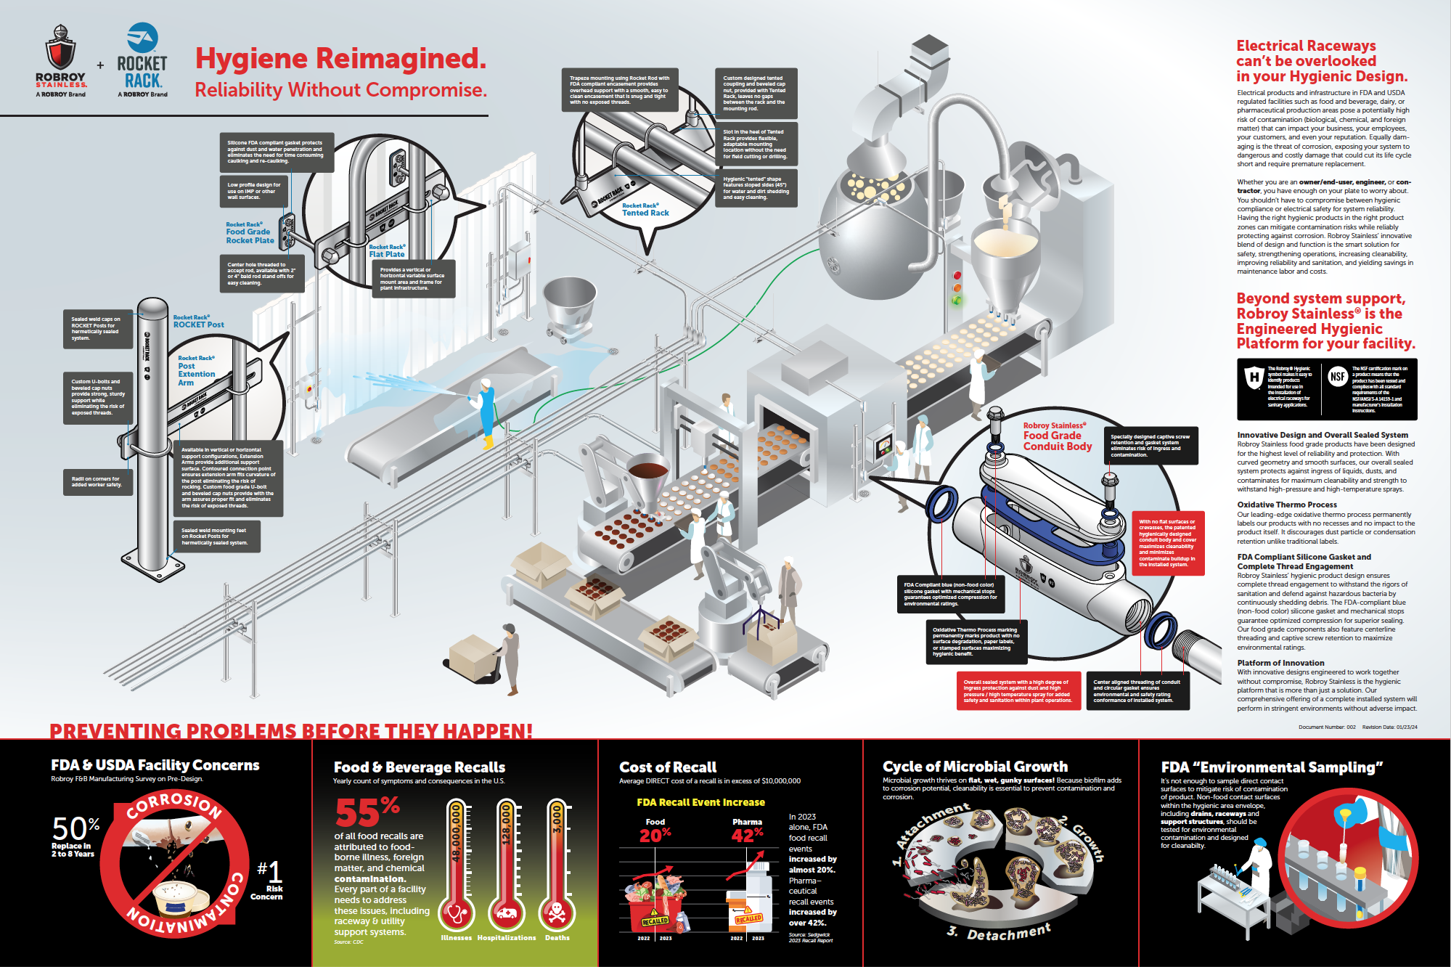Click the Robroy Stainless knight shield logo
tap(60, 48)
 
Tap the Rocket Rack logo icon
tap(142, 37)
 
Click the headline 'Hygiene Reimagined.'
tap(340, 59)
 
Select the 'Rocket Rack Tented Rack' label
tap(645, 210)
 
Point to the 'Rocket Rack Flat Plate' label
tap(387, 251)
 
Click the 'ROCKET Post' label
tap(198, 322)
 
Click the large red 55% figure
tap(367, 812)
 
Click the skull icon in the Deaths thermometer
tap(557, 913)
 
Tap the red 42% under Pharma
tap(747, 835)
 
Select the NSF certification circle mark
tap(1338, 377)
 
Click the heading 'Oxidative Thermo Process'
tap(1286, 505)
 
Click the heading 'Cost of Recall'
tap(667, 767)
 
